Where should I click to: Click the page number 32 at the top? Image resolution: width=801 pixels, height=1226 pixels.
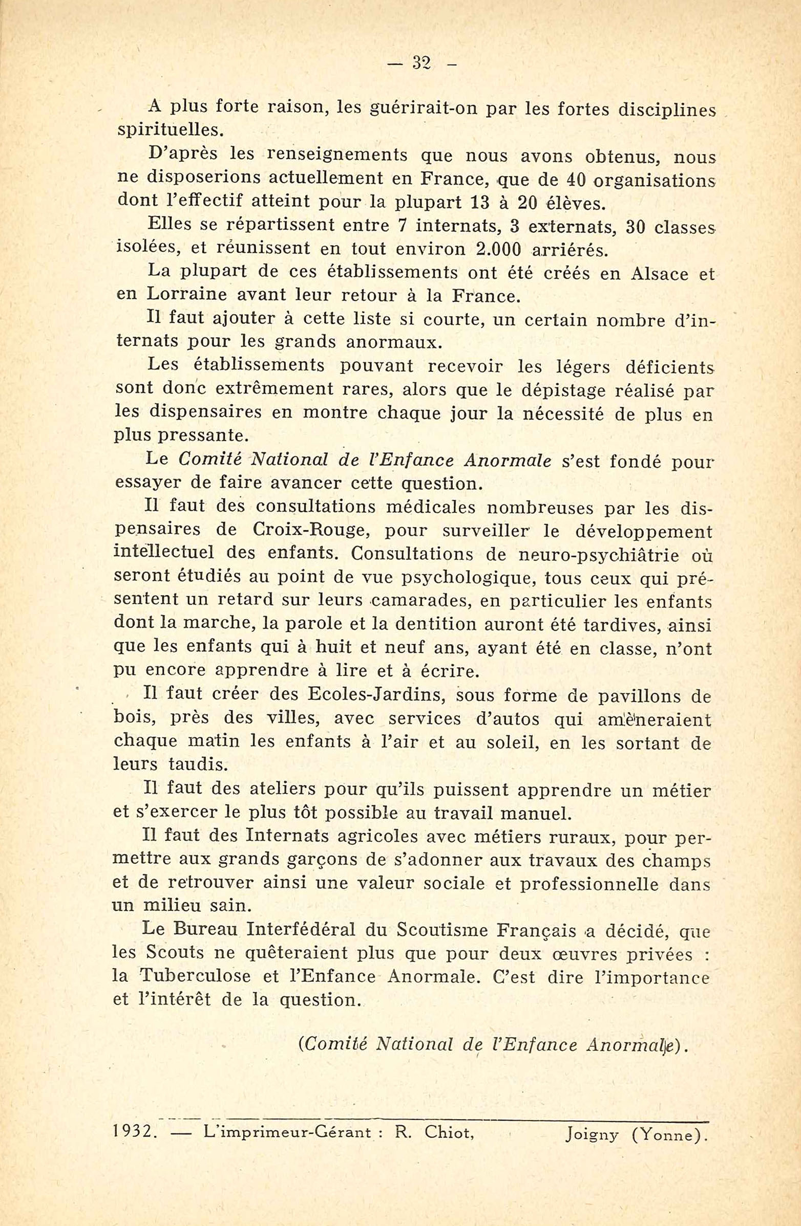point(421,64)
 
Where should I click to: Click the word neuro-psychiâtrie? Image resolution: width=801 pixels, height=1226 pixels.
point(594,555)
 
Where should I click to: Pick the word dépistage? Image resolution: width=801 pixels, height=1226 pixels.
point(565,391)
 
